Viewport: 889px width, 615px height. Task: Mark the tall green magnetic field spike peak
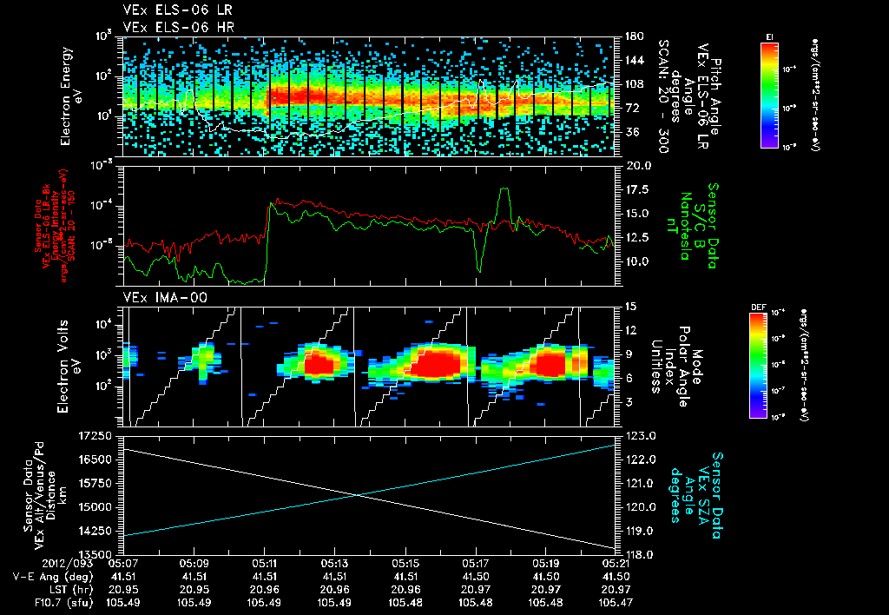click(504, 189)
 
